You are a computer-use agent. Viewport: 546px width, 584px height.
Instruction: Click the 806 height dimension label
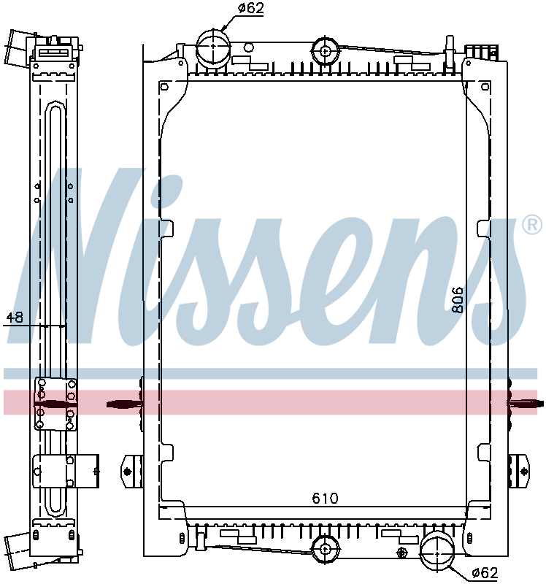(458, 300)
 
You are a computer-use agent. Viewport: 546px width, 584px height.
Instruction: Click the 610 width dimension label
(325, 499)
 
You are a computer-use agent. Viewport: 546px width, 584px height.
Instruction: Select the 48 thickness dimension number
(15, 318)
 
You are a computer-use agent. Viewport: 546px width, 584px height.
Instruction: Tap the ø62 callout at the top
(250, 9)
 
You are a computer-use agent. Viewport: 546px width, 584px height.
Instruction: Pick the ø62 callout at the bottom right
(484, 572)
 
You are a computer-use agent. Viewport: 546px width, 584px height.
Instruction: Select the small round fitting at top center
(323, 50)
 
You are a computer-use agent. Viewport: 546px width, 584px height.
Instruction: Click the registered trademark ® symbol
(531, 225)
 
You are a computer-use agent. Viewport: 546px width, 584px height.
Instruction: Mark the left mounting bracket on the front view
(131, 472)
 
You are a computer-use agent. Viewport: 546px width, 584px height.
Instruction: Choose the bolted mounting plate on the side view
(56, 404)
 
